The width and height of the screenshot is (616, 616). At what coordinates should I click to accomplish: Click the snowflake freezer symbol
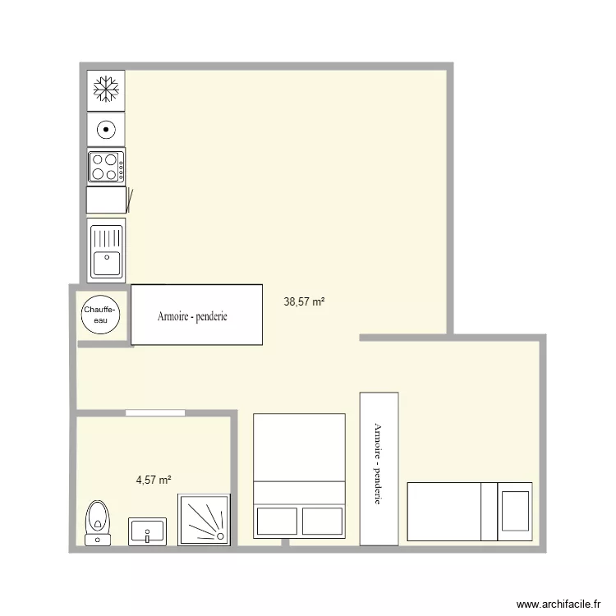click(x=105, y=89)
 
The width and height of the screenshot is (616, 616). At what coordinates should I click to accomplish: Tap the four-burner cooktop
click(x=106, y=166)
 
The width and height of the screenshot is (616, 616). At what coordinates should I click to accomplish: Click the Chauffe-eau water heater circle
click(x=101, y=315)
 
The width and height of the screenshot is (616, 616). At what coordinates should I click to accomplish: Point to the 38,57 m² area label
click(x=304, y=301)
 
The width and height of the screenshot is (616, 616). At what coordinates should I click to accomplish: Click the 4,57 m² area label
click(x=154, y=480)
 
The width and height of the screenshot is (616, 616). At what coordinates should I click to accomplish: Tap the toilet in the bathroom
click(x=99, y=517)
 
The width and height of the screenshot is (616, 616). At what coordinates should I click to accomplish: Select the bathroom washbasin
click(x=148, y=531)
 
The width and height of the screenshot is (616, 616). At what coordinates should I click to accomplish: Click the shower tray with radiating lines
click(x=205, y=520)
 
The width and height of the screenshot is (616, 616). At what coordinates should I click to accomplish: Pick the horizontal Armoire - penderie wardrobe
click(x=197, y=315)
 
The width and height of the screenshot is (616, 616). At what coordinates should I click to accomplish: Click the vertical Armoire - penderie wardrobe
click(x=379, y=468)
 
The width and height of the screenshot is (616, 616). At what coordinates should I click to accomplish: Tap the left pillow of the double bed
click(x=276, y=521)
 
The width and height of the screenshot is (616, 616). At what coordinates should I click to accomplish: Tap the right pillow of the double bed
click(x=322, y=521)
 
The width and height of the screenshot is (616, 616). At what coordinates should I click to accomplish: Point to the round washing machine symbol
click(x=106, y=128)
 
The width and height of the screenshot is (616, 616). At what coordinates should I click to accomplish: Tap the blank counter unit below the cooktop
click(x=106, y=200)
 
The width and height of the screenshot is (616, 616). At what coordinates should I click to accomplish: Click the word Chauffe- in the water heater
click(x=101, y=310)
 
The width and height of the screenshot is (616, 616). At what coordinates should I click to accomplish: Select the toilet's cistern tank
click(x=99, y=539)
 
